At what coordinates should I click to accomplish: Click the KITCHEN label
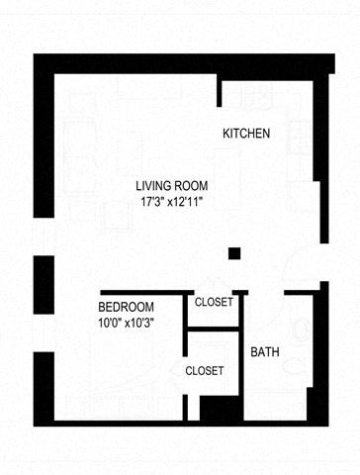(x=246, y=134)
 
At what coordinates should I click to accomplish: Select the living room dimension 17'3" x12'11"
(x=178, y=202)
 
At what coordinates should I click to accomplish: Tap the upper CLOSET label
(x=215, y=302)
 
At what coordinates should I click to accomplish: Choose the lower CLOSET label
(x=205, y=371)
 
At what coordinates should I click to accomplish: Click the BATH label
(x=264, y=352)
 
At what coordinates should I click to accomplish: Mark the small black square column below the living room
(x=234, y=253)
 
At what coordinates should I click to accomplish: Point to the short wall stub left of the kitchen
(x=220, y=86)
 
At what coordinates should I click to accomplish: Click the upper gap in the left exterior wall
(x=43, y=237)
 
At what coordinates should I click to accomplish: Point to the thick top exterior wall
(x=178, y=63)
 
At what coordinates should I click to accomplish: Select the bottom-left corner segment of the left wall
(x=43, y=386)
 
